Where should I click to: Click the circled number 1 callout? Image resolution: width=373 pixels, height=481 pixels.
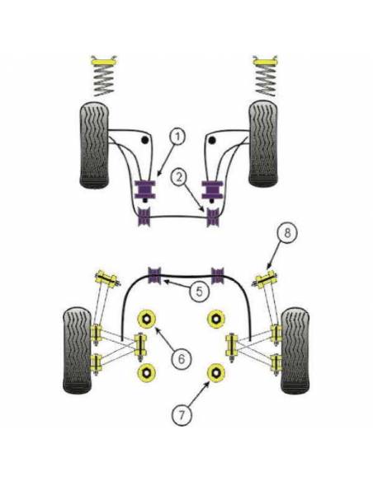(x=177, y=137)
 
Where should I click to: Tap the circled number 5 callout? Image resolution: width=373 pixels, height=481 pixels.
(x=200, y=291)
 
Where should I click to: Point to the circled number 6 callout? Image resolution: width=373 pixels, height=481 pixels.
(x=182, y=358)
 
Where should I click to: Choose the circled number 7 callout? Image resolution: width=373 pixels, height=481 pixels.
(x=182, y=415)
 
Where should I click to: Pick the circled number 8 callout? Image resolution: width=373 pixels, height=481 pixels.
(x=287, y=233)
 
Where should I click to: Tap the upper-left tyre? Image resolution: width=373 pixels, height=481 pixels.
(x=95, y=145)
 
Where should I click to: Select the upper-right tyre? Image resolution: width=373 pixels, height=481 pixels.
(x=263, y=145)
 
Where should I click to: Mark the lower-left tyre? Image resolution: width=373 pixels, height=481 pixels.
(x=78, y=351)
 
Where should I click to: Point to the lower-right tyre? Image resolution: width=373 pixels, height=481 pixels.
(x=295, y=351)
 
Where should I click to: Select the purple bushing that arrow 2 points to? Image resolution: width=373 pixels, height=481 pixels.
(x=213, y=217)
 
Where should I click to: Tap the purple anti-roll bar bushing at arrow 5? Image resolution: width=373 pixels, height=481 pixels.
(x=155, y=275)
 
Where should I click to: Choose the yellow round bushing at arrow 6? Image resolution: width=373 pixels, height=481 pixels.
(x=147, y=319)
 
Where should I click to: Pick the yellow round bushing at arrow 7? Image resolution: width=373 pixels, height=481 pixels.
(x=216, y=372)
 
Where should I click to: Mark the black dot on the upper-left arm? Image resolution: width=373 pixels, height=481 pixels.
(x=144, y=140)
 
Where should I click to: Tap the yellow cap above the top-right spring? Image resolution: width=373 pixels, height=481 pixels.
(x=266, y=61)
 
